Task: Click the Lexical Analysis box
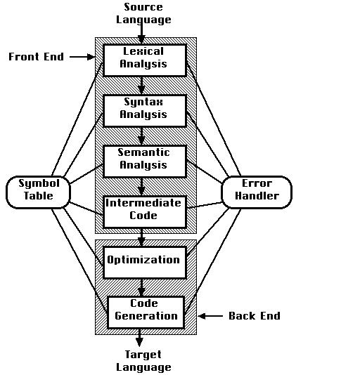click(x=145, y=60)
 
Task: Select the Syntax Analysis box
click(x=145, y=111)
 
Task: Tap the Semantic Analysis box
click(x=145, y=162)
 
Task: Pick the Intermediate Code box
click(x=145, y=212)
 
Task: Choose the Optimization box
click(x=145, y=263)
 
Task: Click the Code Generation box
click(x=146, y=312)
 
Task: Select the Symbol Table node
click(x=39, y=192)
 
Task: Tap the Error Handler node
click(x=257, y=192)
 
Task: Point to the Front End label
click(x=37, y=57)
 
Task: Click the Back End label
click(x=255, y=316)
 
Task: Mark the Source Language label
click(x=143, y=13)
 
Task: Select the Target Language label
click(x=143, y=361)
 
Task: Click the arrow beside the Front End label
click(x=82, y=57)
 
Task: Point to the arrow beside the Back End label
click(x=210, y=316)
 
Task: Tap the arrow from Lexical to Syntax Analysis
click(x=141, y=86)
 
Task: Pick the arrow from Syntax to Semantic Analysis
click(x=141, y=136)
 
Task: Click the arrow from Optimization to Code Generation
click(x=141, y=288)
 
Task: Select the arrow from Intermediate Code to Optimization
click(x=141, y=238)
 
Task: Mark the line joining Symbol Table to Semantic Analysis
click(x=86, y=174)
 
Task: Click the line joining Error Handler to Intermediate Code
click(x=205, y=205)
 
